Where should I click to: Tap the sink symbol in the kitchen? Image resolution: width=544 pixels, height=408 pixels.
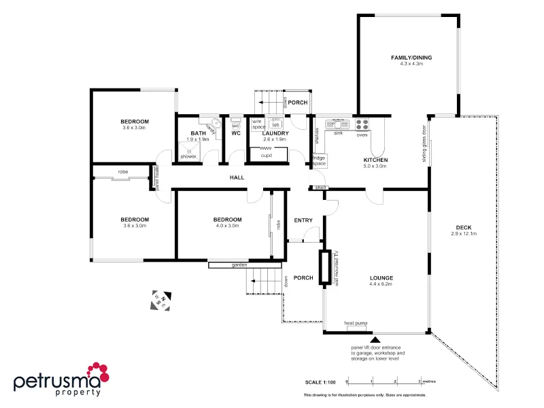pos(337,124)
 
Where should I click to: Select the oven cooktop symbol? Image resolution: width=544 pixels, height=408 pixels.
pos(362,124)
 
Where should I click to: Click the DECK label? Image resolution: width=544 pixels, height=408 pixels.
pos(464,227)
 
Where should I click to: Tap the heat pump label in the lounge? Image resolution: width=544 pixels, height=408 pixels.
pos(356,324)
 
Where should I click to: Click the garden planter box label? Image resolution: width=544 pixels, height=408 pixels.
pos(239,265)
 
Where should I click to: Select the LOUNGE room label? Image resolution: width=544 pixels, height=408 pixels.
pos(381,277)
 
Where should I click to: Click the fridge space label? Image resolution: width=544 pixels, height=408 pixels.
pos(319,161)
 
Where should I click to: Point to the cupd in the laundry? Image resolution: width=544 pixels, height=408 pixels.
pos(266,155)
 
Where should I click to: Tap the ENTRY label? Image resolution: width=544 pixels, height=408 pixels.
pos(303,220)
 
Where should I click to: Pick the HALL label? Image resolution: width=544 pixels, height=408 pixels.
pos(236,177)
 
